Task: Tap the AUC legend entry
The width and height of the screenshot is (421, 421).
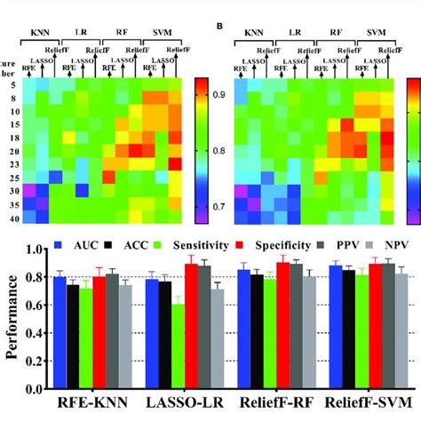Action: click(x=77, y=242)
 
